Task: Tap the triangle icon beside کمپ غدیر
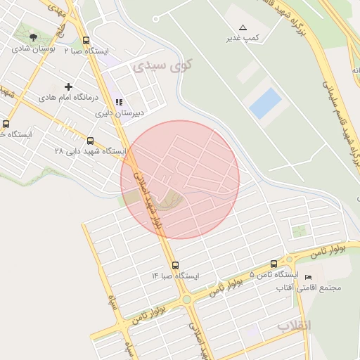click(243, 27)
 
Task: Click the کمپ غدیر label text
click(243, 37)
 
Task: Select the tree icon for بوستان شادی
click(34, 37)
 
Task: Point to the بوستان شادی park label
click(33, 49)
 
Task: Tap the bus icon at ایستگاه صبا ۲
click(86, 41)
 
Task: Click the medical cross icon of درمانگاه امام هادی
click(68, 86)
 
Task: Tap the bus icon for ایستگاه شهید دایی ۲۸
click(91, 141)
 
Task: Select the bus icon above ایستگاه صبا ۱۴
click(175, 265)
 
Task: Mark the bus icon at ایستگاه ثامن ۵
click(274, 264)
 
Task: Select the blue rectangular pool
click(265, 103)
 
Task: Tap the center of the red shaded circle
click(180, 180)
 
